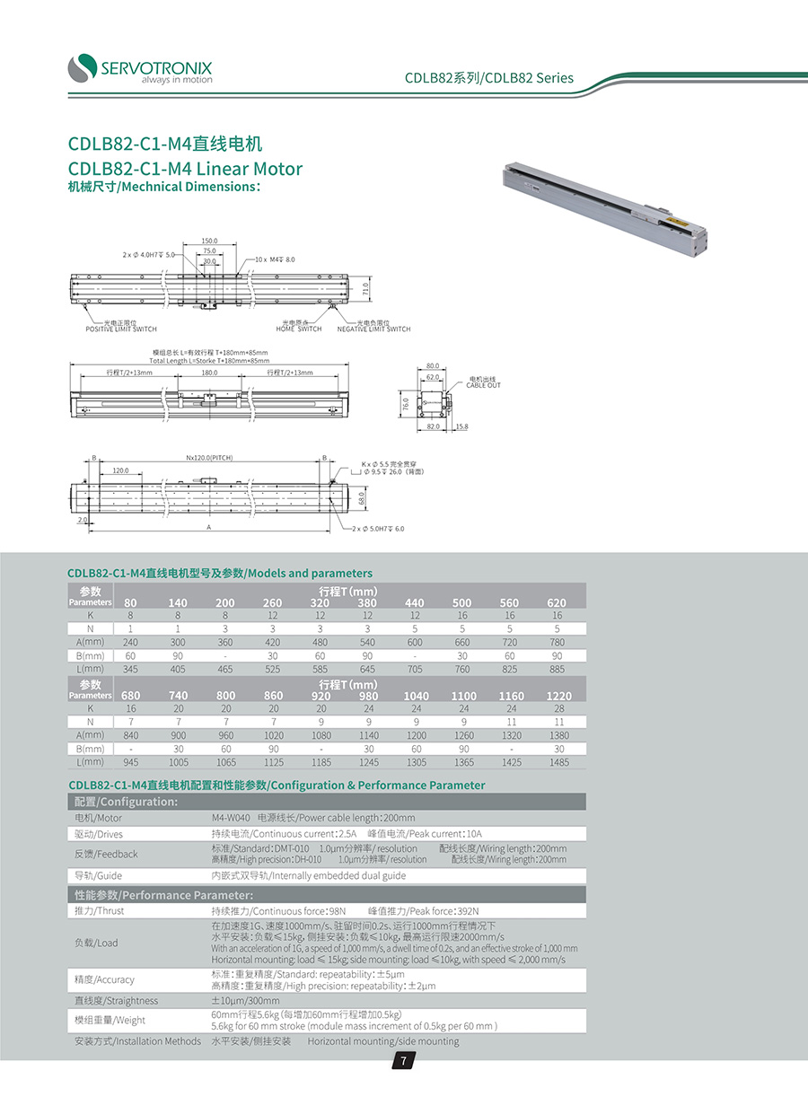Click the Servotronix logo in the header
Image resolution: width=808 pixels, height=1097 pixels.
(140, 68)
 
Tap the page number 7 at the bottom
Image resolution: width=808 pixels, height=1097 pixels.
(403, 1062)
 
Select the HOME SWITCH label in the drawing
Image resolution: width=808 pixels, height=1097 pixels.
(298, 326)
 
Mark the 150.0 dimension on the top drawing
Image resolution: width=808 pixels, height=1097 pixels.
(209, 241)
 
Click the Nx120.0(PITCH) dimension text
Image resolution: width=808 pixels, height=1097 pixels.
(209, 458)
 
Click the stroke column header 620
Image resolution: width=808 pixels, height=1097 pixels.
(558, 602)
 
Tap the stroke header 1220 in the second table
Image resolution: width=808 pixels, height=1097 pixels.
(559, 696)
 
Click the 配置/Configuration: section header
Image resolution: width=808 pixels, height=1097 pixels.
(126, 802)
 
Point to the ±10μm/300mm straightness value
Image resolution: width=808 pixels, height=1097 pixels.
(245, 1000)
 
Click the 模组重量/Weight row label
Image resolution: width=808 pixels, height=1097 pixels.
(110, 1020)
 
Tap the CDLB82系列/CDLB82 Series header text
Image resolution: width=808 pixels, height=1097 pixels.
(488, 78)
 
